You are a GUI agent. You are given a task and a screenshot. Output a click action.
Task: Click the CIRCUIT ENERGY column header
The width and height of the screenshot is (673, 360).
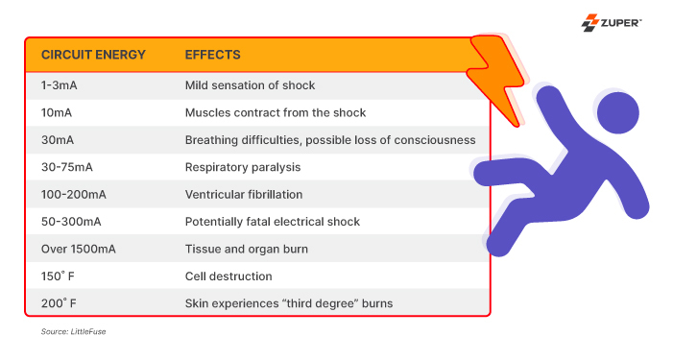[x=93, y=55]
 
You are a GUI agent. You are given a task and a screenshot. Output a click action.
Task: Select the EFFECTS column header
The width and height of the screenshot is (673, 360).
[x=212, y=55]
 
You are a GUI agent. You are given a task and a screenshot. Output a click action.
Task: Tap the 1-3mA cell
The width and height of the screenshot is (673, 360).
[x=60, y=85]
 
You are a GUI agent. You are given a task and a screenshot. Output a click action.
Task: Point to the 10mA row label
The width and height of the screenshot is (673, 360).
[x=57, y=112]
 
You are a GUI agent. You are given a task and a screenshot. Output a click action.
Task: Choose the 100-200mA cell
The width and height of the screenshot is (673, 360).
[x=73, y=194]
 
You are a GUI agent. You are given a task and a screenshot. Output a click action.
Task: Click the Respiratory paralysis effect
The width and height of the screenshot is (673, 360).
[x=243, y=167]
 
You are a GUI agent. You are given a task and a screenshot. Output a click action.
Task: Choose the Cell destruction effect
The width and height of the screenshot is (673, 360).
[x=228, y=276]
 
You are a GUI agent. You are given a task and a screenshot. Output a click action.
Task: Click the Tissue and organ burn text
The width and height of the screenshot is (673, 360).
[x=247, y=249]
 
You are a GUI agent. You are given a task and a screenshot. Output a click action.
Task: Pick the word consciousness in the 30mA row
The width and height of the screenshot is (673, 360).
[x=437, y=140]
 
